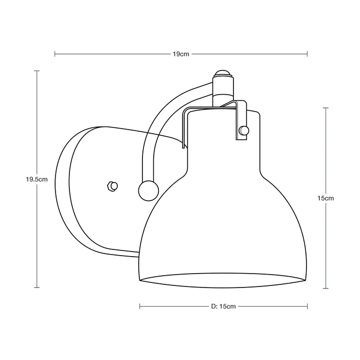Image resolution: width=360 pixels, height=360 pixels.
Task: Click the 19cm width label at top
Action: point(181,53)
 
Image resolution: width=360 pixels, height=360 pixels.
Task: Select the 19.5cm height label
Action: point(37,179)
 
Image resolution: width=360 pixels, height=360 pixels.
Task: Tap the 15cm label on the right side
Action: point(326,198)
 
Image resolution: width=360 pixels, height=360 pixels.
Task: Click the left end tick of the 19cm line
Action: point(55,53)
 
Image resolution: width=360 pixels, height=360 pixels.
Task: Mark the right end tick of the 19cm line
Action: point(308,53)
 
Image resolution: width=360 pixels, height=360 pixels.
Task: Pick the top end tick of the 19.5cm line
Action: point(37,71)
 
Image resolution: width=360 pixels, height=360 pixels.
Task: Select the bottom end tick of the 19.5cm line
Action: point(37,288)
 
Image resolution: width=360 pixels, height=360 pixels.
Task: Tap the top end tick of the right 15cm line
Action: point(326,107)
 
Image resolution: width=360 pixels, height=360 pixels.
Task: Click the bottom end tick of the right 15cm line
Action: point(326,288)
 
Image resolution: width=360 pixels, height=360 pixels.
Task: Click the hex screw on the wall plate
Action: point(112,186)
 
